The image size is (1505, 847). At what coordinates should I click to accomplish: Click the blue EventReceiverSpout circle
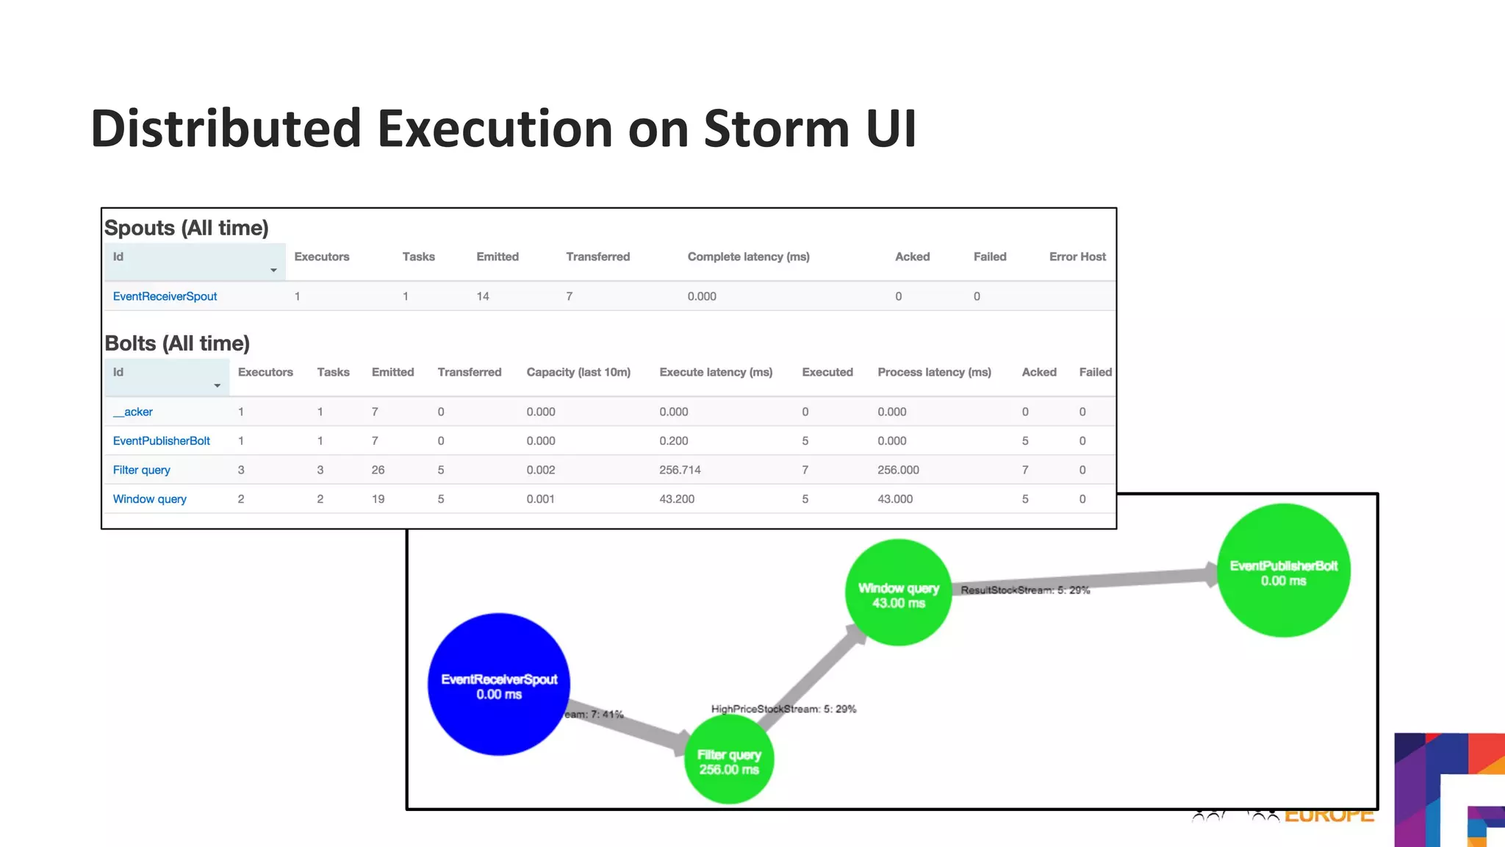tap(499, 684)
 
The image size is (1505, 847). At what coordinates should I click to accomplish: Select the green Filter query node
tap(729, 760)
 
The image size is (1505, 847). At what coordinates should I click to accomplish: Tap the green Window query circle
tap(898, 593)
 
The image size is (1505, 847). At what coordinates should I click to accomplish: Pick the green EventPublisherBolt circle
tap(1283, 570)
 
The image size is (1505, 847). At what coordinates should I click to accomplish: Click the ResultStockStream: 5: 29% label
tap(1025, 590)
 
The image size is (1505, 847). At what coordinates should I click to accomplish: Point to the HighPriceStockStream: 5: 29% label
tap(783, 709)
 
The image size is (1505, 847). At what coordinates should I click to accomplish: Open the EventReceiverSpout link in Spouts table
tap(165, 296)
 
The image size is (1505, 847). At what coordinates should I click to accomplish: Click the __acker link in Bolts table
tap(133, 412)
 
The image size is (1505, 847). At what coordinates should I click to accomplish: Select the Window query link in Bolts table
tap(149, 498)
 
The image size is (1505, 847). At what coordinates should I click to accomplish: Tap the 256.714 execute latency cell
tap(680, 470)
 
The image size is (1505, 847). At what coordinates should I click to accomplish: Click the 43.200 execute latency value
tap(677, 498)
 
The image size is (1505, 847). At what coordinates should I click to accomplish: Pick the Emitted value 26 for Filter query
tap(378, 470)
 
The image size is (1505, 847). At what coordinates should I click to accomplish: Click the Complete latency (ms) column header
tap(748, 257)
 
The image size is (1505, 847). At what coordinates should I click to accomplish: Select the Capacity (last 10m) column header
tap(578, 372)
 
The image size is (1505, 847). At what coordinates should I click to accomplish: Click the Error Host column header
tap(1077, 257)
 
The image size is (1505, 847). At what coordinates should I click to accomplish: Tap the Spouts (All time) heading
tap(187, 228)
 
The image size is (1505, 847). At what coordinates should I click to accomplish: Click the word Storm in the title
tap(776, 129)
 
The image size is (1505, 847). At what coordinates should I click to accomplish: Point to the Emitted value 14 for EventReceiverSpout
tap(483, 296)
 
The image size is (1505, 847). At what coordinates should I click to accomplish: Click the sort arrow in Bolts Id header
tap(218, 386)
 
